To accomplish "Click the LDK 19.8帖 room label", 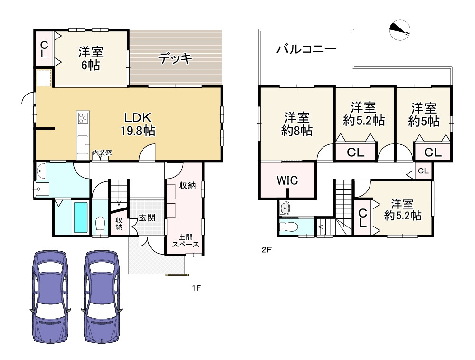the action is [138, 124].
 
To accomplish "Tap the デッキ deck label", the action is [175, 57].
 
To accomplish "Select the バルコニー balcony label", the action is [306, 49].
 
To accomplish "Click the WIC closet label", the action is [287, 180].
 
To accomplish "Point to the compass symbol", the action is [400, 30].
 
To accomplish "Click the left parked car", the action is [50, 296].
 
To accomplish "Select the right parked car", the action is [102, 296].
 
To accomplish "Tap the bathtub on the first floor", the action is [81, 218].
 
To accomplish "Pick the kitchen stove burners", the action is [83, 118].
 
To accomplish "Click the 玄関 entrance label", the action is [147, 218].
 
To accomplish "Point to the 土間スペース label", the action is [185, 241].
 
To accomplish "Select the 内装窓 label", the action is [102, 152].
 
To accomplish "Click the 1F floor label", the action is [196, 288].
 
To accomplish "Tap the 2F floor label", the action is [266, 250].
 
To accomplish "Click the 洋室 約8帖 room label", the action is [296, 124].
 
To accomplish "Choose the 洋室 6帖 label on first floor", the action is [91, 58].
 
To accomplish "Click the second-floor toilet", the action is [286, 227].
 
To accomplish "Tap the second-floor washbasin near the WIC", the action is [285, 208].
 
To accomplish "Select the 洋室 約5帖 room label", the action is [424, 114].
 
